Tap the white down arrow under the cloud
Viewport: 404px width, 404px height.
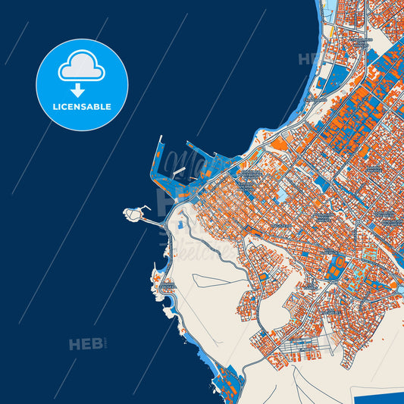[82, 89]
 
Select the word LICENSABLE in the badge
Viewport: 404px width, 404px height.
[82, 107]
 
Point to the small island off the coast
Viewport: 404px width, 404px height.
[134, 215]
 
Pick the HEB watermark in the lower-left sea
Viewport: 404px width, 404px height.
[85, 344]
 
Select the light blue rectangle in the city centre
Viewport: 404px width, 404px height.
[282, 196]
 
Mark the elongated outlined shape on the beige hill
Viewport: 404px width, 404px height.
[216, 281]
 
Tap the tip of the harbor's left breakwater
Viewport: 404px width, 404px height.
[159, 139]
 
